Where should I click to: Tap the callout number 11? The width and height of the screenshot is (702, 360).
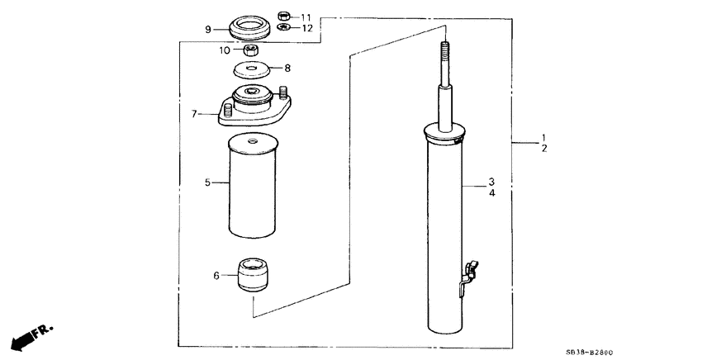click(x=306, y=17)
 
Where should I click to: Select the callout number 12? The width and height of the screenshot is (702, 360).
click(x=306, y=28)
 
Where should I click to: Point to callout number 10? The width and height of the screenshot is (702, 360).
click(x=225, y=50)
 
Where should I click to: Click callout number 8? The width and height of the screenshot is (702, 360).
click(x=287, y=68)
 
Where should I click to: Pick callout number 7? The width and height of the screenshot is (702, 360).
click(x=195, y=114)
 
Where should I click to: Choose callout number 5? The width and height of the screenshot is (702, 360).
click(x=209, y=181)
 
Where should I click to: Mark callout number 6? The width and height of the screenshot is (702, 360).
click(x=217, y=275)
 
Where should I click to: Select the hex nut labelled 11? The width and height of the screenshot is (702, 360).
click(x=283, y=16)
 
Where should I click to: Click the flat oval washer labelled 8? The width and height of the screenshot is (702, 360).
click(x=254, y=70)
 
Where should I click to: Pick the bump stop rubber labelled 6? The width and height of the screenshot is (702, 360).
click(x=254, y=274)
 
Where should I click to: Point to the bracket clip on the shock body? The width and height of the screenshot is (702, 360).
click(x=467, y=273)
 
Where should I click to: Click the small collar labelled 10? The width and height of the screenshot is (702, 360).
click(x=254, y=50)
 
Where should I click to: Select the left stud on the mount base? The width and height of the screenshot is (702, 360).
click(x=226, y=107)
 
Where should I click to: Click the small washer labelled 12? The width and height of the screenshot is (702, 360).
click(x=283, y=28)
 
